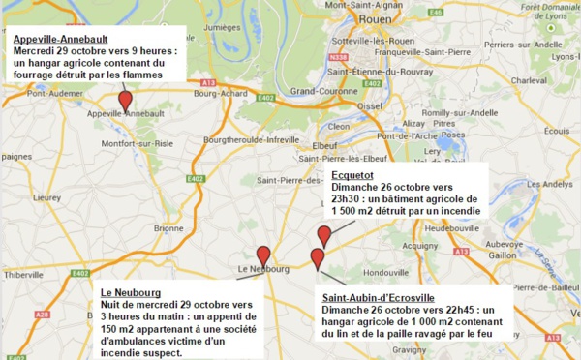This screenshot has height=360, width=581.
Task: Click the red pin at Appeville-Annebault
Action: point(125,100)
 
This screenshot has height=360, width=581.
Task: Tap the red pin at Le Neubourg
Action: point(263,255)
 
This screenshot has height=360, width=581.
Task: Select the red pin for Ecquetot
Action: point(324,234)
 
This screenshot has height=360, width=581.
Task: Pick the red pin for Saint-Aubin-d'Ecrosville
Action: point(317,257)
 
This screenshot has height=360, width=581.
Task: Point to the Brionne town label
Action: point(168,228)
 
